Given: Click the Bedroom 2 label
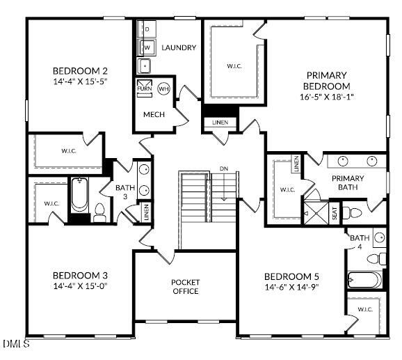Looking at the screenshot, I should click(x=80, y=70).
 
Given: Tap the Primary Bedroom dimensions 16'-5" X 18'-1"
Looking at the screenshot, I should click(x=326, y=97).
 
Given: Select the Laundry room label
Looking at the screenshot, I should click(x=179, y=48).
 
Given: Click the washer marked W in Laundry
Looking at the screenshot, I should click(x=147, y=47).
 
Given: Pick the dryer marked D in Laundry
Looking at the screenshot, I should click(x=147, y=29).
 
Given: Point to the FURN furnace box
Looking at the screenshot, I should click(x=144, y=89).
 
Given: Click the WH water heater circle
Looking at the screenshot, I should click(x=163, y=89).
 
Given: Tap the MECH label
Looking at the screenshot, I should click(x=154, y=114).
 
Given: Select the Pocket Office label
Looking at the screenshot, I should click(x=185, y=286).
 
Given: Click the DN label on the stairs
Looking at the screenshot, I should click(x=223, y=169).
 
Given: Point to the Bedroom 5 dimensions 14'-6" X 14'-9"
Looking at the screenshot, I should click(x=291, y=287).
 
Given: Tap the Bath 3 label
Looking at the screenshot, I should click(x=126, y=191).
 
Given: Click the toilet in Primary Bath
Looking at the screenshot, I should click(x=355, y=212).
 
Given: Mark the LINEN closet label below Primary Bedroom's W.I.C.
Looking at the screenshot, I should click(x=220, y=123).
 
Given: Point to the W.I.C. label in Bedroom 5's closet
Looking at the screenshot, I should click(x=364, y=309).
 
